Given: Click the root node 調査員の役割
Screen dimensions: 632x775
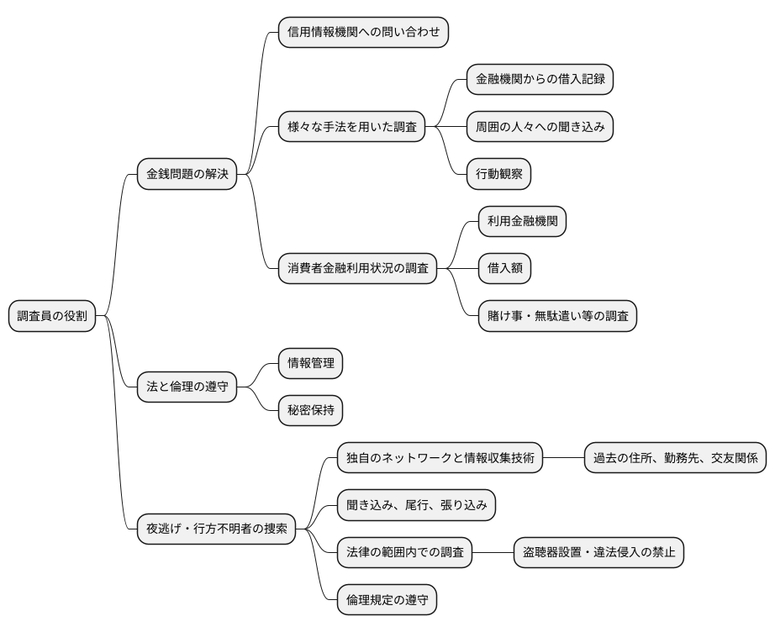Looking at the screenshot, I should tap(52, 316).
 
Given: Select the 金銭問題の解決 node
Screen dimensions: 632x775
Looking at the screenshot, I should tap(187, 174).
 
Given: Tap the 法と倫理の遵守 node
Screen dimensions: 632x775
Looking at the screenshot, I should tap(187, 387).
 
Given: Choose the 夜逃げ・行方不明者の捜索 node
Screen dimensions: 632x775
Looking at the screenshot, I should tap(217, 529).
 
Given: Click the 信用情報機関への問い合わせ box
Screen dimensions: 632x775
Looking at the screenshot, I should tap(363, 32).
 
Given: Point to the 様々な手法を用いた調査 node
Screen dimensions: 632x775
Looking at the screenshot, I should tap(352, 127).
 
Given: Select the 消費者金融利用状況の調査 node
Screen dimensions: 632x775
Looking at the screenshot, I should tap(358, 269).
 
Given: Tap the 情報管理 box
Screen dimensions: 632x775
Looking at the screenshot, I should tap(311, 363).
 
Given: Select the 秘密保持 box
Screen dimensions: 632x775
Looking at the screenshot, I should tap(311, 411).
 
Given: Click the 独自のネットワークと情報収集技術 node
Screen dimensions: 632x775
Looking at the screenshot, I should tap(440, 458).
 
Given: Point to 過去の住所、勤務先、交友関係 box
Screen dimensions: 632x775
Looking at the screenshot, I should tap(676, 458).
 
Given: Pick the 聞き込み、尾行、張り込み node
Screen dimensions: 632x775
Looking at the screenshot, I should tap(417, 505).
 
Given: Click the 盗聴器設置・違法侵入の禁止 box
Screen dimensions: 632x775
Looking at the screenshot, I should tap(598, 553).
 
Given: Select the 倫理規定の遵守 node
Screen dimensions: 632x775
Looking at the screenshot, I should tap(387, 600).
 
